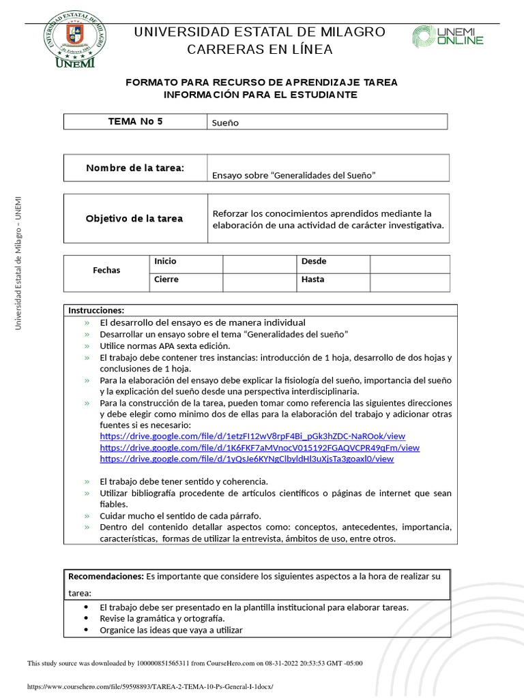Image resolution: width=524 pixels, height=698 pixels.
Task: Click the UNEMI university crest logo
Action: point(75,40)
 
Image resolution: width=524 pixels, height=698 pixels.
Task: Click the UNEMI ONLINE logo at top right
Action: point(448,37)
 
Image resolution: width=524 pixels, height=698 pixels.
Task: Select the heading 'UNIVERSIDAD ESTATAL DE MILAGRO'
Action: point(260,32)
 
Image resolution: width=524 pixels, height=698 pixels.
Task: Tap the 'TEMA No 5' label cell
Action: point(136,122)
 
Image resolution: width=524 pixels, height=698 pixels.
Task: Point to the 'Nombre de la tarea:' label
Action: point(135,168)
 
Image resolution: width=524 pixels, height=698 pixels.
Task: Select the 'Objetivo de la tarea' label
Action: point(134,219)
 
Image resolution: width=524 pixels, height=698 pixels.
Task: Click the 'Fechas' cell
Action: point(106,271)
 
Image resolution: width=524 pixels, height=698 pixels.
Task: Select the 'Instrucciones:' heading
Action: point(96,311)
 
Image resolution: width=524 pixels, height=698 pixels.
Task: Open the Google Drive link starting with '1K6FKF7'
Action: point(259,448)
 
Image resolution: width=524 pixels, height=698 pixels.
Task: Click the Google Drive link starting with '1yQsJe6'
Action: point(246,459)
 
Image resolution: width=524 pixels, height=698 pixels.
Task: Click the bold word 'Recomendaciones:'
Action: point(106,577)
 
